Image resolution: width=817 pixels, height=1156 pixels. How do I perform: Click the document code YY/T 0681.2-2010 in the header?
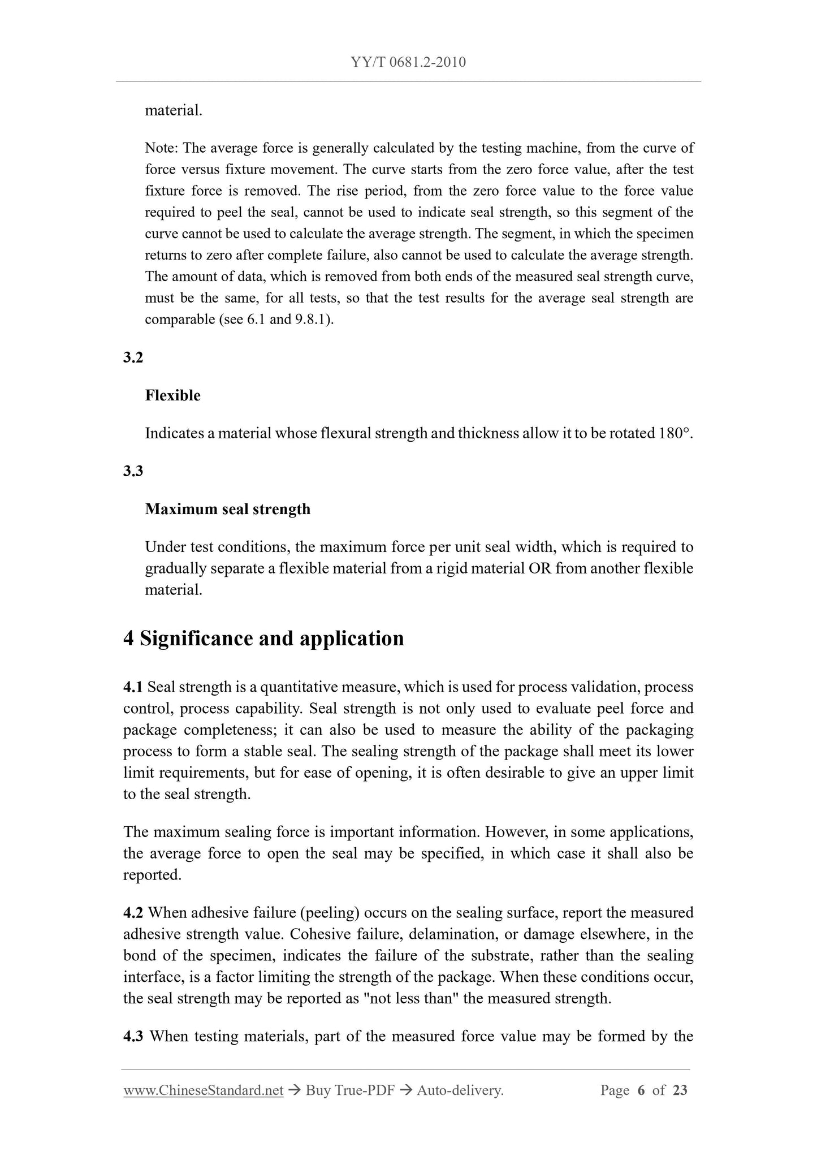pyautogui.click(x=408, y=62)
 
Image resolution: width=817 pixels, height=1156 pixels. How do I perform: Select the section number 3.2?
pyautogui.click(x=133, y=357)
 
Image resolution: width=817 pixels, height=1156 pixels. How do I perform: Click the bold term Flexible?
pyautogui.click(x=172, y=395)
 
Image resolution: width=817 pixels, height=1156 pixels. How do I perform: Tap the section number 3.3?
pyautogui.click(x=133, y=471)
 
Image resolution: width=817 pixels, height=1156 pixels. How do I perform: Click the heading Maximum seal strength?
pyautogui.click(x=227, y=509)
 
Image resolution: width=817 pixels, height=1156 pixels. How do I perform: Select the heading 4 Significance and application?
pyautogui.click(x=263, y=639)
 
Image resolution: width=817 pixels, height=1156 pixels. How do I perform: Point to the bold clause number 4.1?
pyautogui.click(x=133, y=687)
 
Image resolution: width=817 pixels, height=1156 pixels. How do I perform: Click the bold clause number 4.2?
pyautogui.click(x=133, y=913)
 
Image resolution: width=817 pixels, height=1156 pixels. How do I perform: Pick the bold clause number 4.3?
pyautogui.click(x=133, y=1036)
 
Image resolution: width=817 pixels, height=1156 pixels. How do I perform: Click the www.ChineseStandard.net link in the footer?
pyautogui.click(x=203, y=1090)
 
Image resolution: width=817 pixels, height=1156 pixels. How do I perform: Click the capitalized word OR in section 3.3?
pyautogui.click(x=539, y=568)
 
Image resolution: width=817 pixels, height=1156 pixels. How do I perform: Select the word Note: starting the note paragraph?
pyautogui.click(x=162, y=148)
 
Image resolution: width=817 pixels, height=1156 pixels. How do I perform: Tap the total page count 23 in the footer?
pyautogui.click(x=680, y=1090)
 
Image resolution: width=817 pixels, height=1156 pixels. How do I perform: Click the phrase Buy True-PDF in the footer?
pyautogui.click(x=349, y=1090)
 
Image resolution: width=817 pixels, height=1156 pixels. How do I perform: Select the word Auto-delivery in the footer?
pyautogui.click(x=459, y=1090)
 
